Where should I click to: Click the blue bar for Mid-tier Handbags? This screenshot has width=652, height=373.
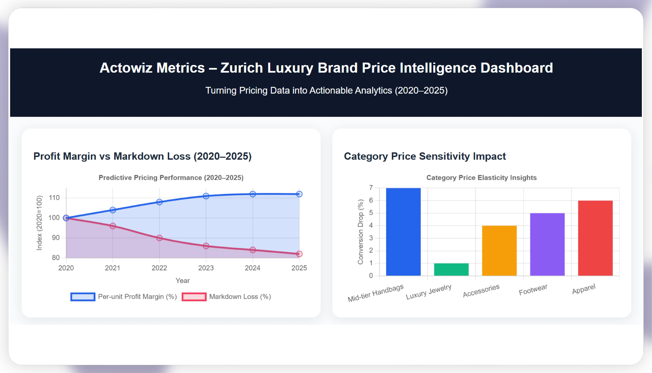[403, 232]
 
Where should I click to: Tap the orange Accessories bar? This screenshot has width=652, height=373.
[499, 251]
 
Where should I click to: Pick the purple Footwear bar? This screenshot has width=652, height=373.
[547, 244]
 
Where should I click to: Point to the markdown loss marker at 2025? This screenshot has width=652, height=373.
[299, 254]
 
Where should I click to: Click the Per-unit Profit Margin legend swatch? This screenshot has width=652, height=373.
[83, 297]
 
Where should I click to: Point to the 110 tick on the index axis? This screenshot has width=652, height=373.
[54, 198]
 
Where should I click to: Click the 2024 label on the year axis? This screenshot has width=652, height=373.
[252, 268]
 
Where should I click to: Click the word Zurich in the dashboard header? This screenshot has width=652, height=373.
[242, 68]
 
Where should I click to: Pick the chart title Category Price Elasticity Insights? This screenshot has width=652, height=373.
[481, 178]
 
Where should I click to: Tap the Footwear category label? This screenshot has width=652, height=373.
[533, 290]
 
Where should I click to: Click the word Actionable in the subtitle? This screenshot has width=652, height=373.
[351, 90]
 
